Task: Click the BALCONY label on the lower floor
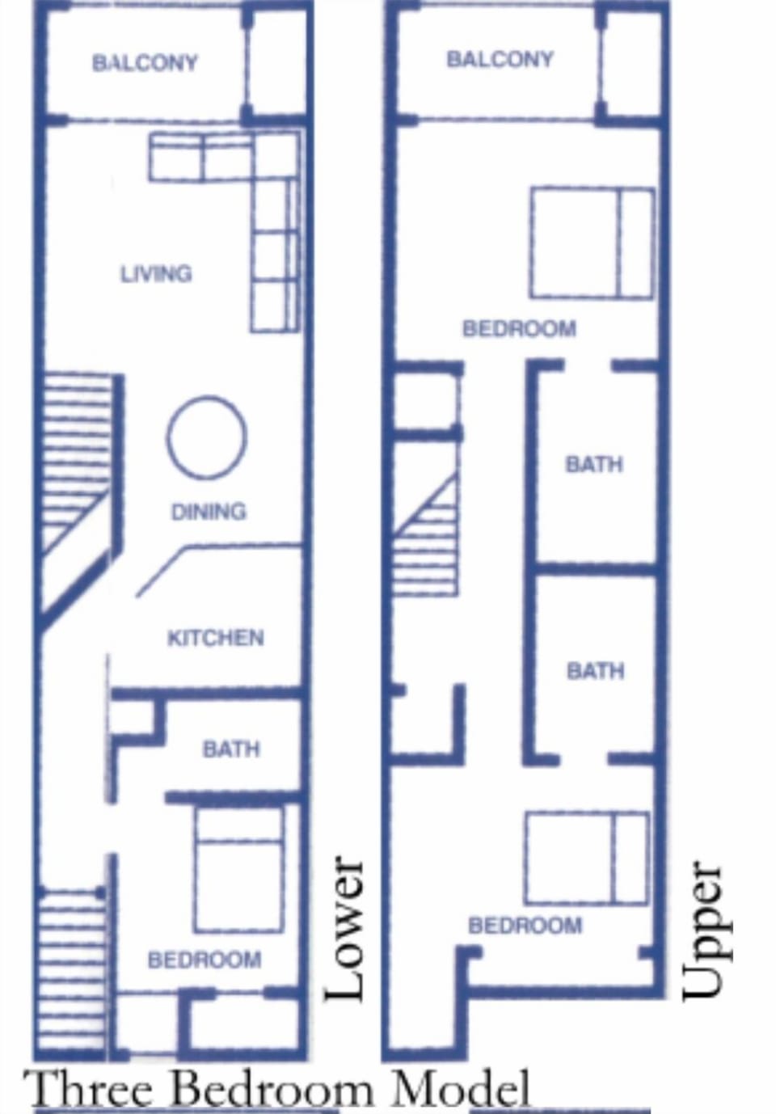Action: click(x=145, y=63)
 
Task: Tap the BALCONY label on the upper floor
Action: click(x=500, y=59)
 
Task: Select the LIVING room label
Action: click(x=156, y=274)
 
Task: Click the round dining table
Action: click(x=207, y=437)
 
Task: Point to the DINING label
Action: click(x=209, y=512)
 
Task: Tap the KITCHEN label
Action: click(x=215, y=638)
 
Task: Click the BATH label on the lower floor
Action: click(x=231, y=749)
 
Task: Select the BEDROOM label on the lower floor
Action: click(x=205, y=960)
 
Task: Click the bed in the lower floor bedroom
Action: click(x=238, y=869)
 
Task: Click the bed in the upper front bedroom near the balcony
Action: click(x=592, y=243)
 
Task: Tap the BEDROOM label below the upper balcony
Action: click(x=519, y=329)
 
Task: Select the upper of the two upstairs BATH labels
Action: click(x=594, y=464)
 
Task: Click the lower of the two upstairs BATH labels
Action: click(x=595, y=671)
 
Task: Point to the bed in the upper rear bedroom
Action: click(x=586, y=858)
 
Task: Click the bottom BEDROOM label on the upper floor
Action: click(x=525, y=925)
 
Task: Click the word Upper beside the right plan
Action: click(x=701, y=930)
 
